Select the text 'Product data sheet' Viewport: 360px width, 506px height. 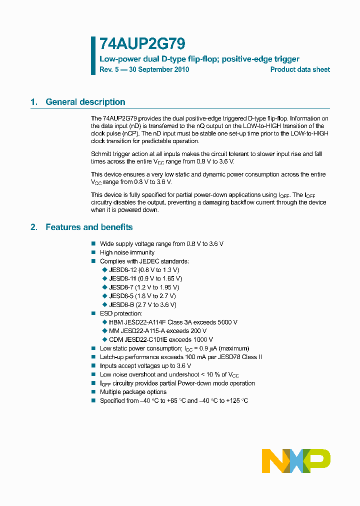[300, 69]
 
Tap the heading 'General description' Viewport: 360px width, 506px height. [85, 102]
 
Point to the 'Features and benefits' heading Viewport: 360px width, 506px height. [89, 227]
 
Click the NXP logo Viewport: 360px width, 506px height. [296, 460]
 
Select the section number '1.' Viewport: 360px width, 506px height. [34, 102]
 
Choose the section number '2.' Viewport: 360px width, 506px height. [34, 227]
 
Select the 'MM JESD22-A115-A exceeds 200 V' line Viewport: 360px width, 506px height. [157, 330]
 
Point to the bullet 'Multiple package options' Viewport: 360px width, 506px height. [133, 392]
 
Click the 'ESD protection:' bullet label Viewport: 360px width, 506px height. [121, 313]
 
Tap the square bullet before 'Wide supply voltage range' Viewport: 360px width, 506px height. [93, 243]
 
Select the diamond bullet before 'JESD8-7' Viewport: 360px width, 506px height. [104, 287]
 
